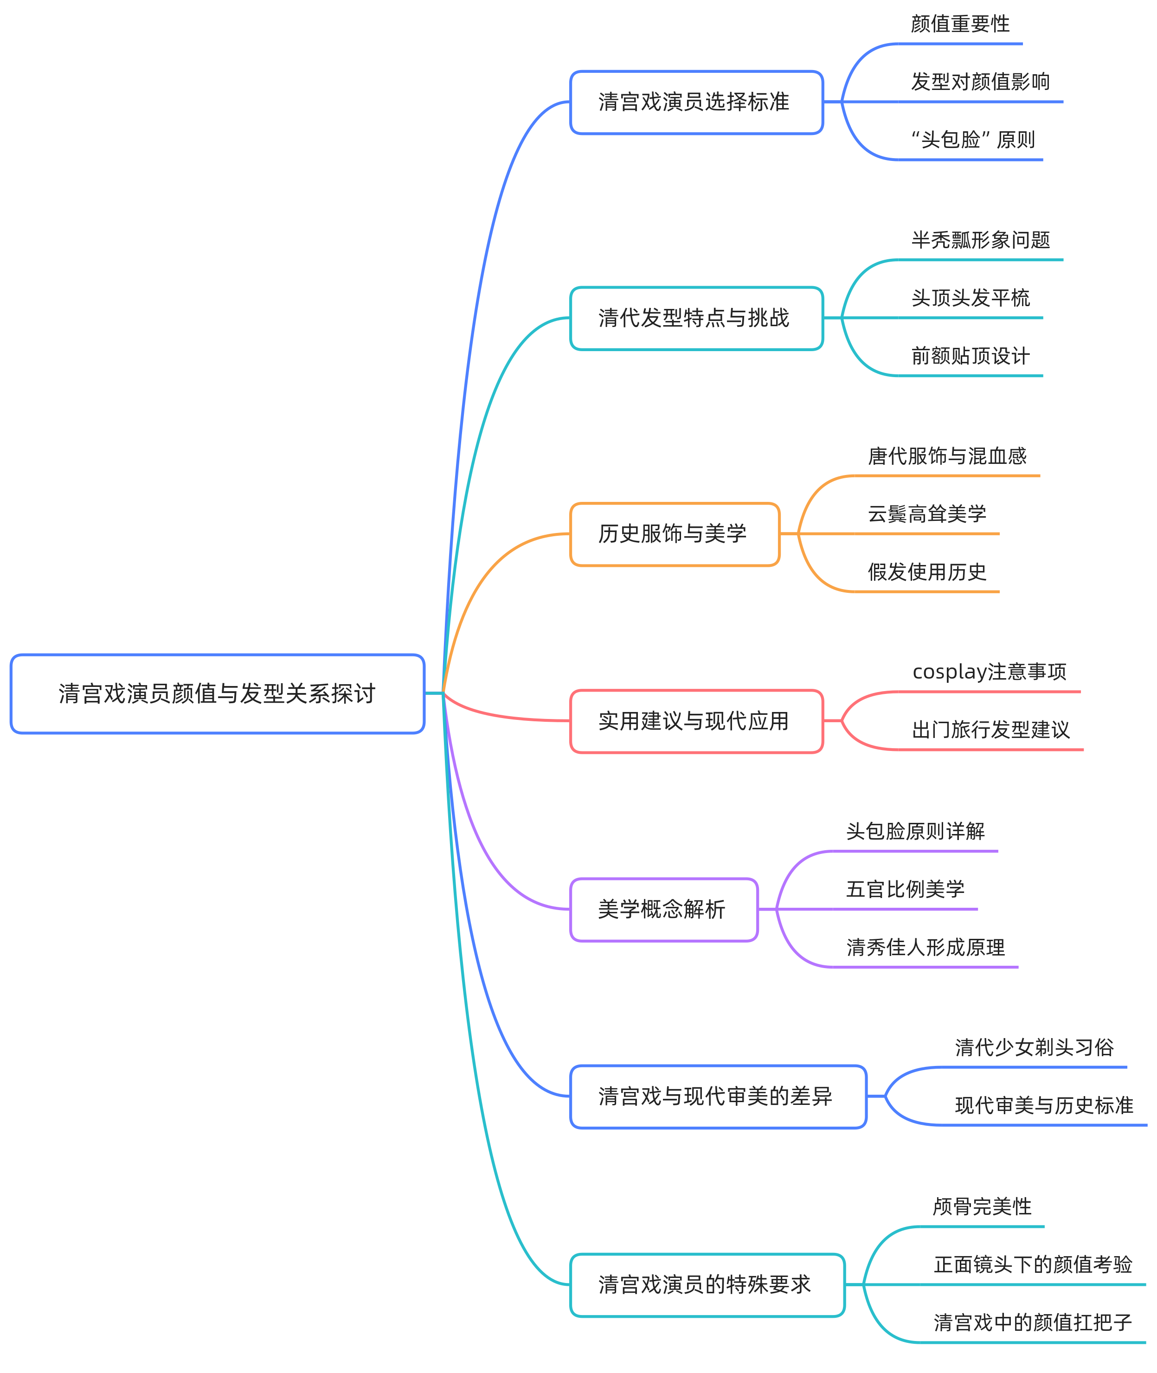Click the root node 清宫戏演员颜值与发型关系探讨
(x=217, y=693)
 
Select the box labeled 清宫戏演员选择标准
(x=696, y=103)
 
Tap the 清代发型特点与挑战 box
(x=696, y=318)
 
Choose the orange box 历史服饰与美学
(x=674, y=534)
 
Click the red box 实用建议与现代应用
(x=696, y=721)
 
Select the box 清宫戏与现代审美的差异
(x=718, y=1096)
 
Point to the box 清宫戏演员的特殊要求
(x=707, y=1284)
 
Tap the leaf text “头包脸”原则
(x=973, y=140)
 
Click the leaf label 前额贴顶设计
(x=970, y=356)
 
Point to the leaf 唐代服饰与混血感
(x=946, y=456)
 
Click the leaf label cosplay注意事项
(x=989, y=671)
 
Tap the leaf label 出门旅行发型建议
(x=990, y=729)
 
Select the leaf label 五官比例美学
(x=905, y=889)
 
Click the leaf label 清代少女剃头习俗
(x=1034, y=1047)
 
